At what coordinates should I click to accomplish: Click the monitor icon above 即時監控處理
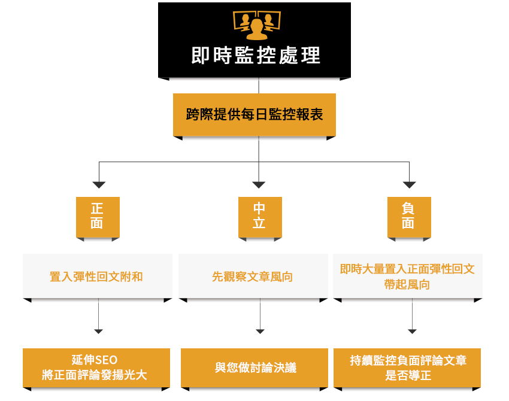(256, 23)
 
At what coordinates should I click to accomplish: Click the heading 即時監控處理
(256, 56)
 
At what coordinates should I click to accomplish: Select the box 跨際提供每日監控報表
(255, 114)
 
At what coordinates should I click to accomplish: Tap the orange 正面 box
(98, 216)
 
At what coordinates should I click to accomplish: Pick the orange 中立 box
(259, 216)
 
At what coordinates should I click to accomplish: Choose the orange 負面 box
(408, 216)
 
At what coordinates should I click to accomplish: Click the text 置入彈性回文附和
(96, 277)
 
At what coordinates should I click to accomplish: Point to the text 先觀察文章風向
(252, 277)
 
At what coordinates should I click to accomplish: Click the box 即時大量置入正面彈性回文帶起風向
(407, 277)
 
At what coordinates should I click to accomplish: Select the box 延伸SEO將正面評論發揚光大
(96, 367)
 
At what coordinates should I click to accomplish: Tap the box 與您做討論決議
(255, 367)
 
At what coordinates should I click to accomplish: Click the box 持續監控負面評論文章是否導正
(408, 367)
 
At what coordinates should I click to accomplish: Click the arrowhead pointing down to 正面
(99, 184)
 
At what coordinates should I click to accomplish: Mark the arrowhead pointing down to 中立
(259, 184)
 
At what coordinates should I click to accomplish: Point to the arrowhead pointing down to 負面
(410, 184)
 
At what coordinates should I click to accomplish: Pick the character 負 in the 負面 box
(408, 208)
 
